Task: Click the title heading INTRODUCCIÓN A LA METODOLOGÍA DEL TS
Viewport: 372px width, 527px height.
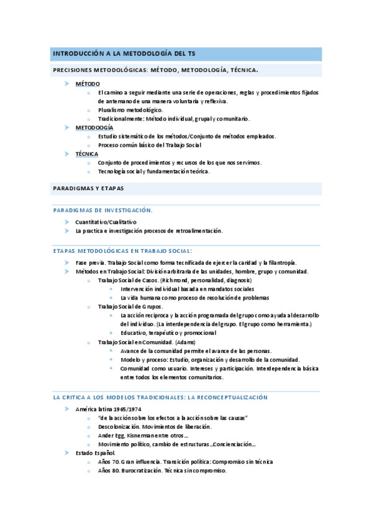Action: [x=125, y=53]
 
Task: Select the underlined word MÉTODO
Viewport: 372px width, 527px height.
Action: [x=88, y=83]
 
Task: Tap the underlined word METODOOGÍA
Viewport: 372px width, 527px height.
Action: [x=94, y=127]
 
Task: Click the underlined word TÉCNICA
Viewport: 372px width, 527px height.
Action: [x=87, y=154]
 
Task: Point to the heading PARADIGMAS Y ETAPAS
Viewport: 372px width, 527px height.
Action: [x=89, y=188]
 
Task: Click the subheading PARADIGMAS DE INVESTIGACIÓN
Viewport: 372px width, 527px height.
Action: [x=102, y=211]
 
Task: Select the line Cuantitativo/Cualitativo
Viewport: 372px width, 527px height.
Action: [x=106, y=222]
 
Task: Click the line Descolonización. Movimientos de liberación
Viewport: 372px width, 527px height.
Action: [x=155, y=426]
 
